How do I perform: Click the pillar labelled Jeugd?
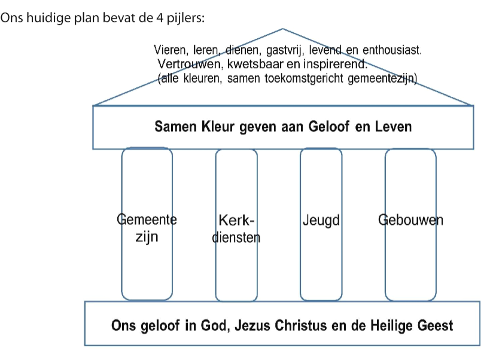point(321,224)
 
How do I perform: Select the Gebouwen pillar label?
point(410,220)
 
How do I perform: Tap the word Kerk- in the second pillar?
point(236,220)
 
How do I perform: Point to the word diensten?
point(236,237)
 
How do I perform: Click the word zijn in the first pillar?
point(147,237)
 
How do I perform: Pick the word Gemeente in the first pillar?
point(147,219)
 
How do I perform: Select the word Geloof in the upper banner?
point(329,127)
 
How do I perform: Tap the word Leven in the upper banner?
point(393,127)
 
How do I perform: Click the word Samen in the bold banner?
point(175,127)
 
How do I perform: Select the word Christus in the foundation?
point(300,325)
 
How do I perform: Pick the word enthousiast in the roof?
point(392,50)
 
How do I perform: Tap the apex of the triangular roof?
point(282,29)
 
